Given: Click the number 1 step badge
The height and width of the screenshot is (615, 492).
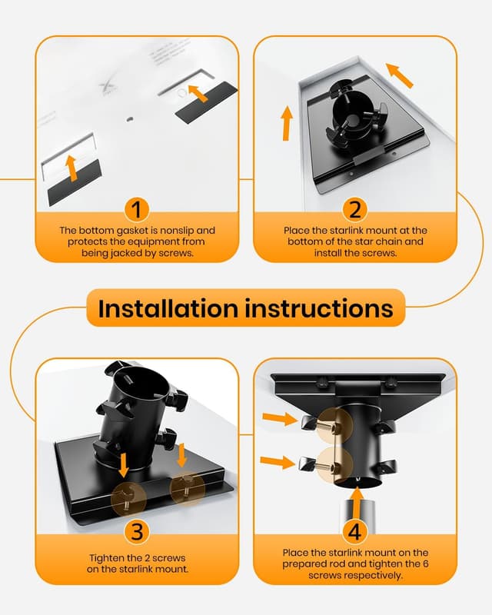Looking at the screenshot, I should [x=136, y=209].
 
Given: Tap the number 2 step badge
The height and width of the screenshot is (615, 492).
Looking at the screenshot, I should [x=354, y=209].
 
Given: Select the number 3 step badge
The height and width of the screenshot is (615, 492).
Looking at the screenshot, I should [x=136, y=531].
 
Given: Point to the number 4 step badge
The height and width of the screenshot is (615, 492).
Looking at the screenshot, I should [x=354, y=531].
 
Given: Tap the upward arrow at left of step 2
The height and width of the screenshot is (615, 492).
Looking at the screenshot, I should [x=287, y=123].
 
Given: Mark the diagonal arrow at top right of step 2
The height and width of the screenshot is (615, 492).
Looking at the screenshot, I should [x=398, y=75].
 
